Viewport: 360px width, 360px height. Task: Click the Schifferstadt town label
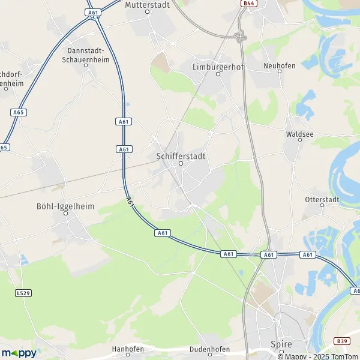tap(181, 155)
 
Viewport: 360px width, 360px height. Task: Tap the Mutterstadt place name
tap(146, 4)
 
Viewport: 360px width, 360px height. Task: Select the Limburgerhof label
tap(218, 67)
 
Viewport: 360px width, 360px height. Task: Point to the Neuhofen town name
tap(280, 65)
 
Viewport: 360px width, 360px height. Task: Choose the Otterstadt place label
tap(322, 199)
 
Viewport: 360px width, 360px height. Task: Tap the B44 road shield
tap(248, 4)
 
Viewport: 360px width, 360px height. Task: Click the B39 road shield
tap(342, 341)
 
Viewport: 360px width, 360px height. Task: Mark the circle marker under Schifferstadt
tap(181, 163)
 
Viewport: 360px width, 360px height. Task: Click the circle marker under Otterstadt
tap(322, 206)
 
